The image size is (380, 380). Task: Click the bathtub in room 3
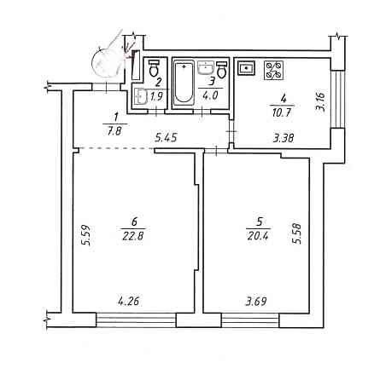click(184, 83)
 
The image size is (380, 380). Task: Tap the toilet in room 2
click(154, 68)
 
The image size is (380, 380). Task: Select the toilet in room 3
click(222, 70)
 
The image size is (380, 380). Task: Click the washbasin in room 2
click(141, 96)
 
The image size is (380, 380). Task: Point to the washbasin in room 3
click(205, 67)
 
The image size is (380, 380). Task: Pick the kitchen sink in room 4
click(246, 68)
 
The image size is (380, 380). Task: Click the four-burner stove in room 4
click(273, 71)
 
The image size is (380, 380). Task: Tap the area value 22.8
click(133, 236)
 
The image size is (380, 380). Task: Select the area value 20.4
click(258, 235)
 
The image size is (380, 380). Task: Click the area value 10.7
click(282, 112)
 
